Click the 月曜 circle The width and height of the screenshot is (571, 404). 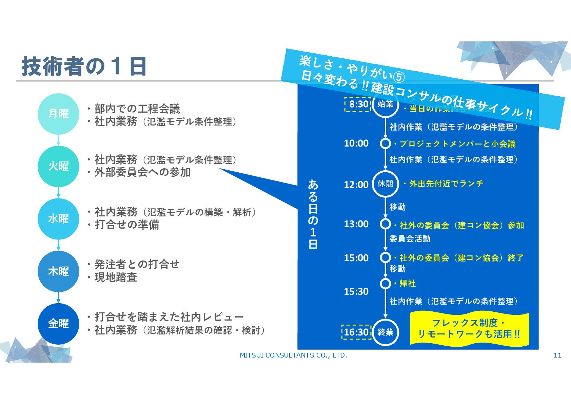[x=58, y=114]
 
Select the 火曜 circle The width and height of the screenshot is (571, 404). [x=58, y=166]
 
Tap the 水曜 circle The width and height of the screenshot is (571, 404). [x=58, y=219]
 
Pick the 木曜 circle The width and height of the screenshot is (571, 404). [x=58, y=271]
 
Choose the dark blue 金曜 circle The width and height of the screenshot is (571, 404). [x=58, y=324]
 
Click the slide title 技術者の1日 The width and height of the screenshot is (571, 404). [x=84, y=66]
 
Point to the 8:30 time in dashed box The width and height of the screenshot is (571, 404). [x=358, y=104]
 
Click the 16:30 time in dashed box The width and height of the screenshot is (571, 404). [x=356, y=332]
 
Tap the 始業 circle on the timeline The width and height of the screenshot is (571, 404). [x=386, y=104]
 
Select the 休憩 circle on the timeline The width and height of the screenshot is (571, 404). [x=386, y=184]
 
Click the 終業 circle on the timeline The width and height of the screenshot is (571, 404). [x=386, y=332]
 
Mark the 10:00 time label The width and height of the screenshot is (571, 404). [x=356, y=143]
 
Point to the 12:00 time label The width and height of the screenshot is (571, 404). [x=356, y=185]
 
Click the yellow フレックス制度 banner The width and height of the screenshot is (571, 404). [x=469, y=328]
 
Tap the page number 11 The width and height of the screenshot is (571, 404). [x=557, y=355]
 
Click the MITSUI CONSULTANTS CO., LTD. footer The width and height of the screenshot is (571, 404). [x=293, y=355]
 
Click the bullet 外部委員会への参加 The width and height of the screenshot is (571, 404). [x=142, y=172]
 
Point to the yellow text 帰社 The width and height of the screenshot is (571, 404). [x=407, y=284]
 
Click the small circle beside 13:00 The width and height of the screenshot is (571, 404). [x=385, y=224]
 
